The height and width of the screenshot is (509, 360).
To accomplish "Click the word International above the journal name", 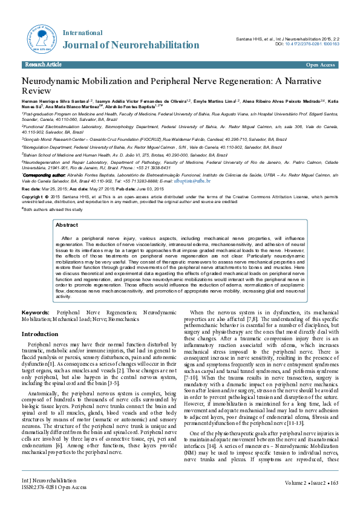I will [82, 31].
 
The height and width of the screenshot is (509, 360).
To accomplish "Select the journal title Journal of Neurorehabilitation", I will [131, 45].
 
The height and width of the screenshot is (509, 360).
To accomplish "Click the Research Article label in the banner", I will [42, 64].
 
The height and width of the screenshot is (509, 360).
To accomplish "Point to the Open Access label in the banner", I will [320, 64].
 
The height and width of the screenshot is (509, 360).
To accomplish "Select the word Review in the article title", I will [36, 91].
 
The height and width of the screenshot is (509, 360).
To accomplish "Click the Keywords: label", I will [36, 312].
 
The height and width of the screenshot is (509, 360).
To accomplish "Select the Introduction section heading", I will [40, 334].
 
